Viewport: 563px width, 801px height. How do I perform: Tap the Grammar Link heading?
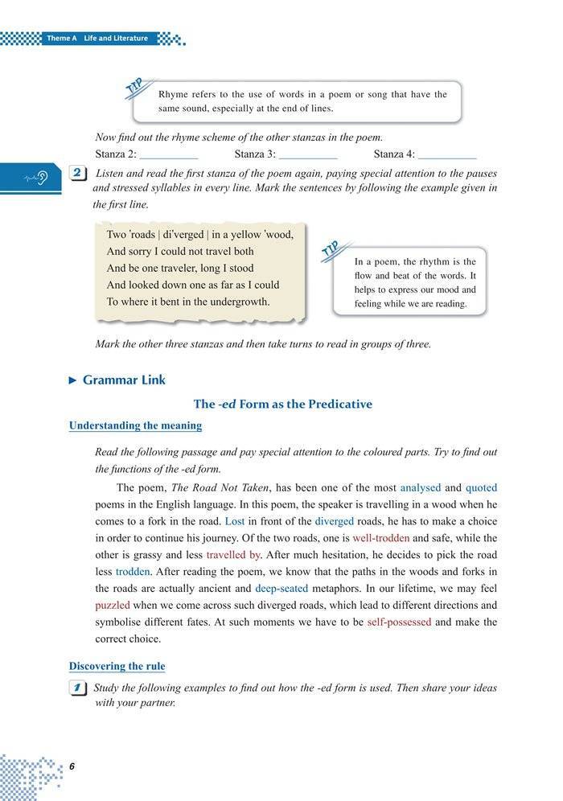pyautogui.click(x=124, y=380)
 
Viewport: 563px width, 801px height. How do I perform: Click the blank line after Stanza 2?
pyautogui.click(x=169, y=154)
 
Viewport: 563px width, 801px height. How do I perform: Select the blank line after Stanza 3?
pyautogui.click(x=308, y=154)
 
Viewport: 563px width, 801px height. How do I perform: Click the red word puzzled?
pyautogui.click(x=112, y=605)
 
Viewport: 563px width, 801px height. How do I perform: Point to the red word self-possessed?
pyautogui.click(x=399, y=622)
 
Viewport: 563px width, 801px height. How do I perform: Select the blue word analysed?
pyautogui.click(x=420, y=487)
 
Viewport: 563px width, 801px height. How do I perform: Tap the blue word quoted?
pyautogui.click(x=481, y=487)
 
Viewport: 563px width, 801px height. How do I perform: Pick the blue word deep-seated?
pyautogui.click(x=281, y=588)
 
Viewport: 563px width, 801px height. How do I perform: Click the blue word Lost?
pyautogui.click(x=235, y=521)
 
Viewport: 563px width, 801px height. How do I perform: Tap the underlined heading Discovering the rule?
pyautogui.click(x=117, y=666)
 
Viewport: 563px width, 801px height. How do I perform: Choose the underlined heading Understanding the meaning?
pyautogui.click(x=135, y=425)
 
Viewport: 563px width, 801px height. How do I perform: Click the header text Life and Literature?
pyautogui.click(x=116, y=38)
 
